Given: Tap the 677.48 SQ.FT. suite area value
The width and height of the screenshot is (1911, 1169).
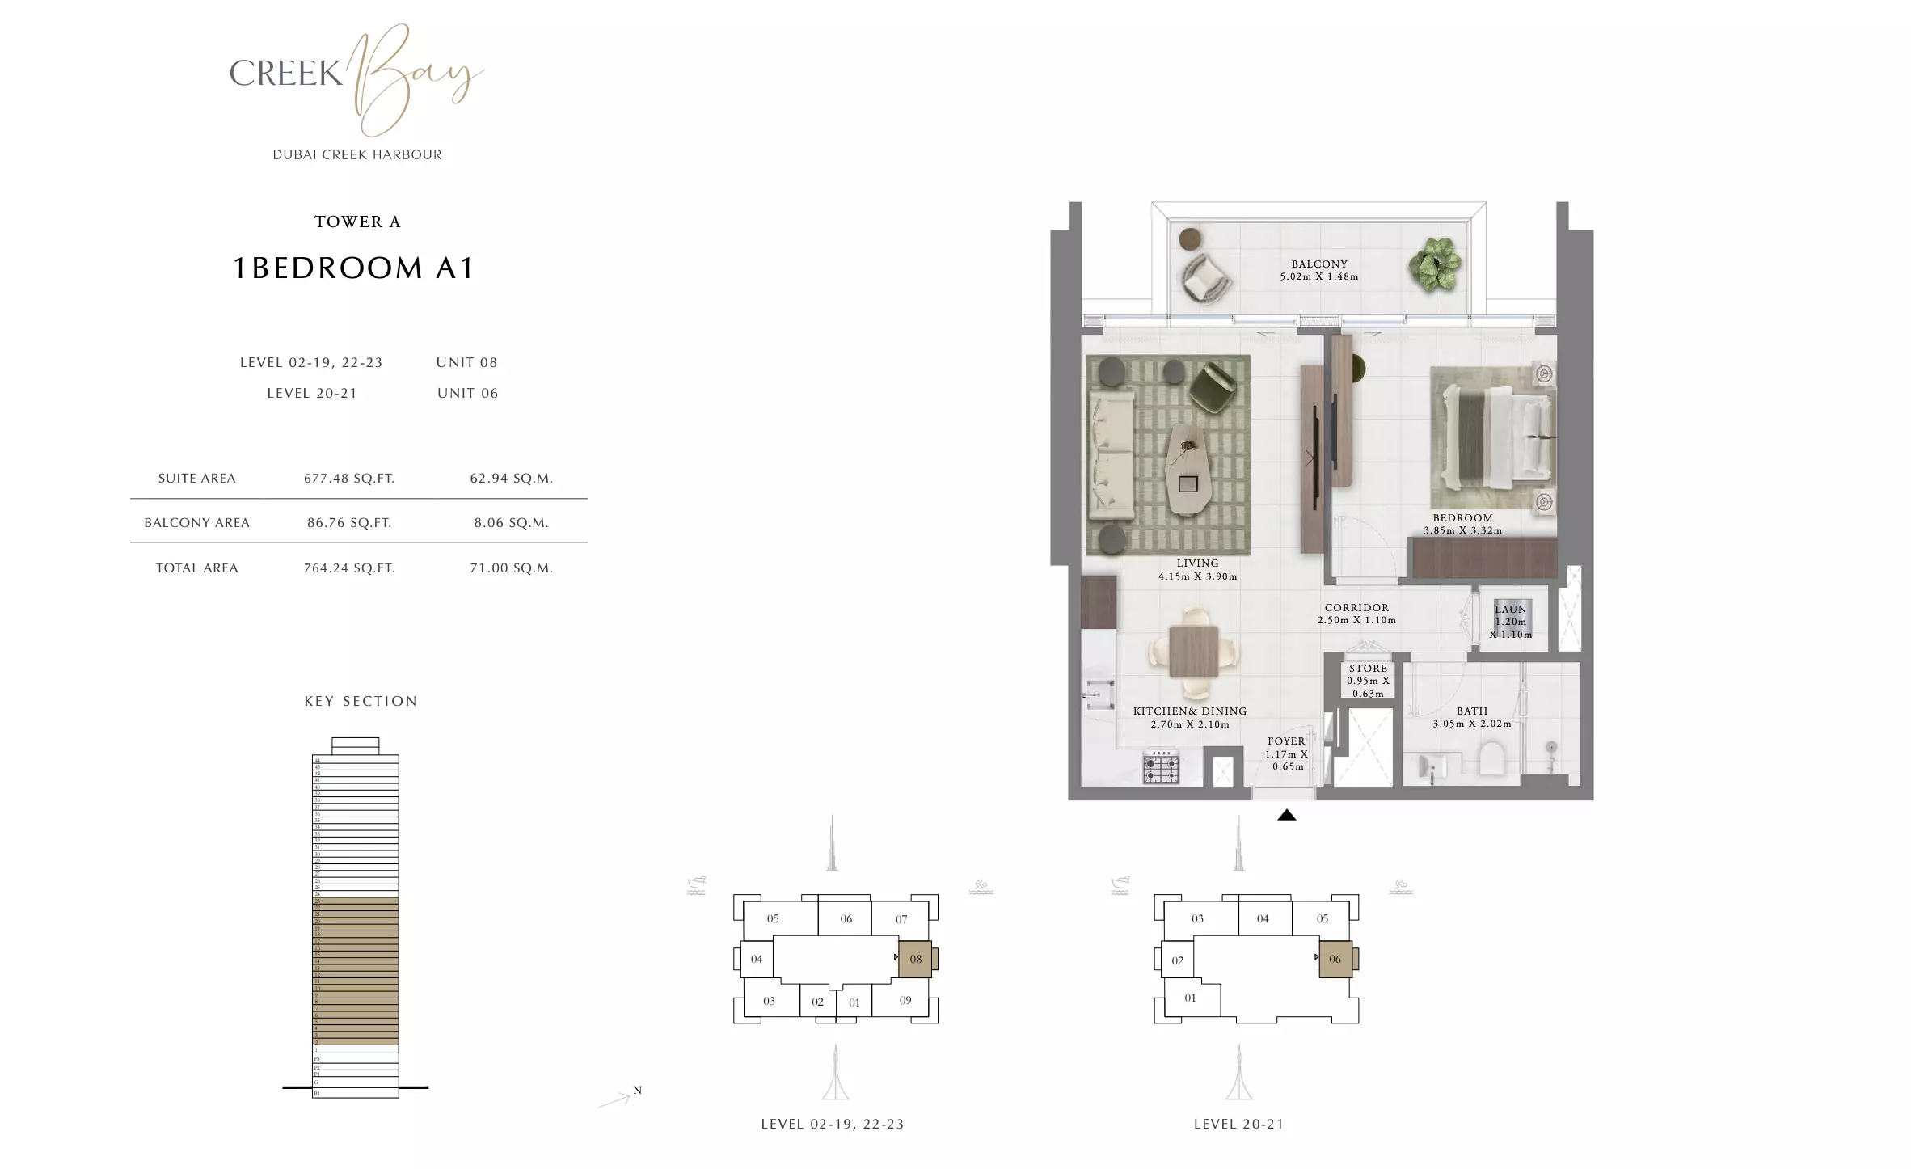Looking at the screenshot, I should [349, 479].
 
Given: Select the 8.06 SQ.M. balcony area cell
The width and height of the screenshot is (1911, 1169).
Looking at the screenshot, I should [511, 523].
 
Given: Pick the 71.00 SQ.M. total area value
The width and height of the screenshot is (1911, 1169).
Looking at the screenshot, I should [511, 568].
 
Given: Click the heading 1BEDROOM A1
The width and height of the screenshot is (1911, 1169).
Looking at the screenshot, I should [353, 268].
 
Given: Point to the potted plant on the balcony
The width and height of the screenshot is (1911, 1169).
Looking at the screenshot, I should [1435, 264].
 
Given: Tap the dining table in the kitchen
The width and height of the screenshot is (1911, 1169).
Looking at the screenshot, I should [1193, 652].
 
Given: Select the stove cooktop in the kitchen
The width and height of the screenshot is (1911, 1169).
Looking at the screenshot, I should [1161, 767].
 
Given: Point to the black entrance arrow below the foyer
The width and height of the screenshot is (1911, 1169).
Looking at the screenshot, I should [1286, 815].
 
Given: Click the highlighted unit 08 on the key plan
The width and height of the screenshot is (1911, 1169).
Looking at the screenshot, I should [915, 960].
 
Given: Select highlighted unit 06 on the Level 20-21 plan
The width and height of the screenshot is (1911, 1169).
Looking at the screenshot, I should [1335, 960].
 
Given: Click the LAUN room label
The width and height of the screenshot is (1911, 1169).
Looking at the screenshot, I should [1510, 610].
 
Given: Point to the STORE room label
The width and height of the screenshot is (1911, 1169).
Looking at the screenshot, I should [1368, 669].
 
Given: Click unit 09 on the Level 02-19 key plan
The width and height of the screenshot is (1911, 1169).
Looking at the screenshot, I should [905, 1001].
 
